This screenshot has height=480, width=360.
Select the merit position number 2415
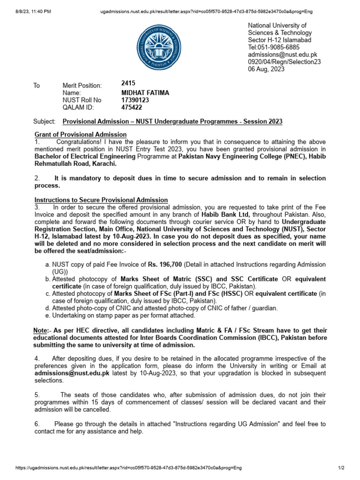(128, 83)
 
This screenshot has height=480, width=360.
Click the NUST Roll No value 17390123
(135, 100)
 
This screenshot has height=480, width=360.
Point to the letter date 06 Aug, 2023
(266, 69)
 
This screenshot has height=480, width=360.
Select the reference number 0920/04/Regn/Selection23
(284, 62)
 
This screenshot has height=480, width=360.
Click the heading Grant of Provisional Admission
(80, 135)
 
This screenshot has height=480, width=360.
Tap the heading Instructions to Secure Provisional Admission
(101, 200)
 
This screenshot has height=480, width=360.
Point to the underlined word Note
(40, 331)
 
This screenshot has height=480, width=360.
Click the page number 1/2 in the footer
(341, 468)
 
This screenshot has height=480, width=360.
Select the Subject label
(44, 121)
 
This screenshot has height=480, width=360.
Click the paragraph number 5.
(37, 395)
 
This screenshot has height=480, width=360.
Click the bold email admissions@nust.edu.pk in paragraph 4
(72, 373)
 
